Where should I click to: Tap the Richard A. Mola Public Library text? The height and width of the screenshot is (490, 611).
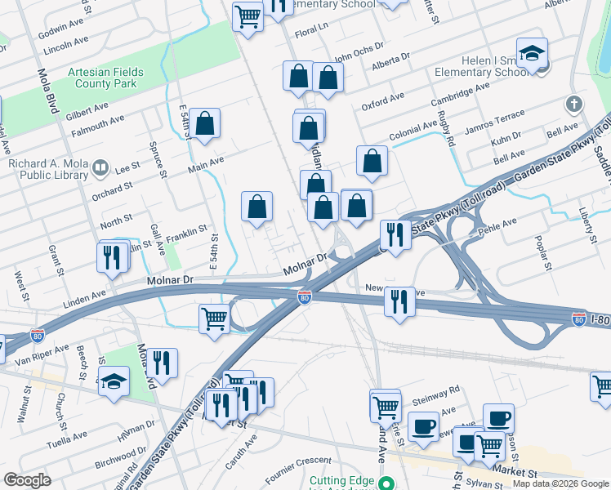[x=48, y=168]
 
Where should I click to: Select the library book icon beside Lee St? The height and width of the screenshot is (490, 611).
[x=100, y=168]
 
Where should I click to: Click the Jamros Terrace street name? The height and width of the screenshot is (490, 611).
[x=493, y=123]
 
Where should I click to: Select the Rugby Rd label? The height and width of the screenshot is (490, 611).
[x=448, y=130]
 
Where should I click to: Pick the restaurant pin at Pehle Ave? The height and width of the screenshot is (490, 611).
[x=395, y=235]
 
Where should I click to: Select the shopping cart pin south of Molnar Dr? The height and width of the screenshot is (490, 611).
[x=214, y=318]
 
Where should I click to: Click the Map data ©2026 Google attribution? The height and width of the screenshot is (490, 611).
[x=560, y=483]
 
